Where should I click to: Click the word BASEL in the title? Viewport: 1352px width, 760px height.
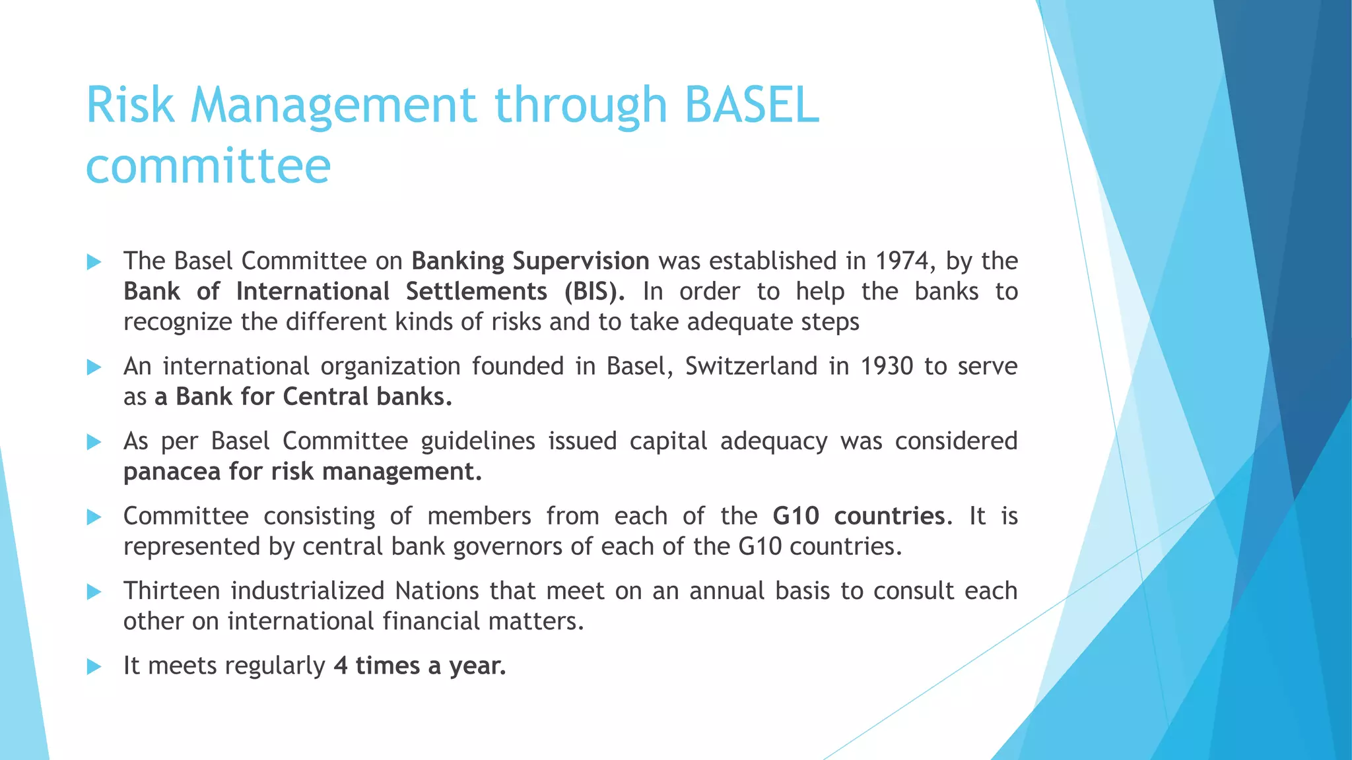pos(752,106)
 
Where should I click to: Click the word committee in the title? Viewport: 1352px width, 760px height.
pos(208,166)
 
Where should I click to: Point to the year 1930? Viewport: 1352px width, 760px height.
pos(887,366)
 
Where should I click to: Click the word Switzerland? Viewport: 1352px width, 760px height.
pos(751,366)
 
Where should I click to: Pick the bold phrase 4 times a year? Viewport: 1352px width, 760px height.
pos(420,666)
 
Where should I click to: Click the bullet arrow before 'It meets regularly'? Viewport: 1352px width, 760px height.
pos(94,666)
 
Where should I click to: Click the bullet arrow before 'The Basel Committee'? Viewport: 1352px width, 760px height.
pos(94,262)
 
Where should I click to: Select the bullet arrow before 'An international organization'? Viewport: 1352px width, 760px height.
pos(94,367)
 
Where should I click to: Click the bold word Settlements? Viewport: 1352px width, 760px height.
pos(476,292)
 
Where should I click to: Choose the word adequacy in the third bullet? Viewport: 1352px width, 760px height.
pos(774,441)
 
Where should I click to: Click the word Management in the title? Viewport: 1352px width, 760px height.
pos(333,106)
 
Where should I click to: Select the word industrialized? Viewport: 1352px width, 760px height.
pos(308,591)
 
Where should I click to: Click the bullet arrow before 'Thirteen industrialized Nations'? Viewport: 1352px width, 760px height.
pos(94,592)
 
